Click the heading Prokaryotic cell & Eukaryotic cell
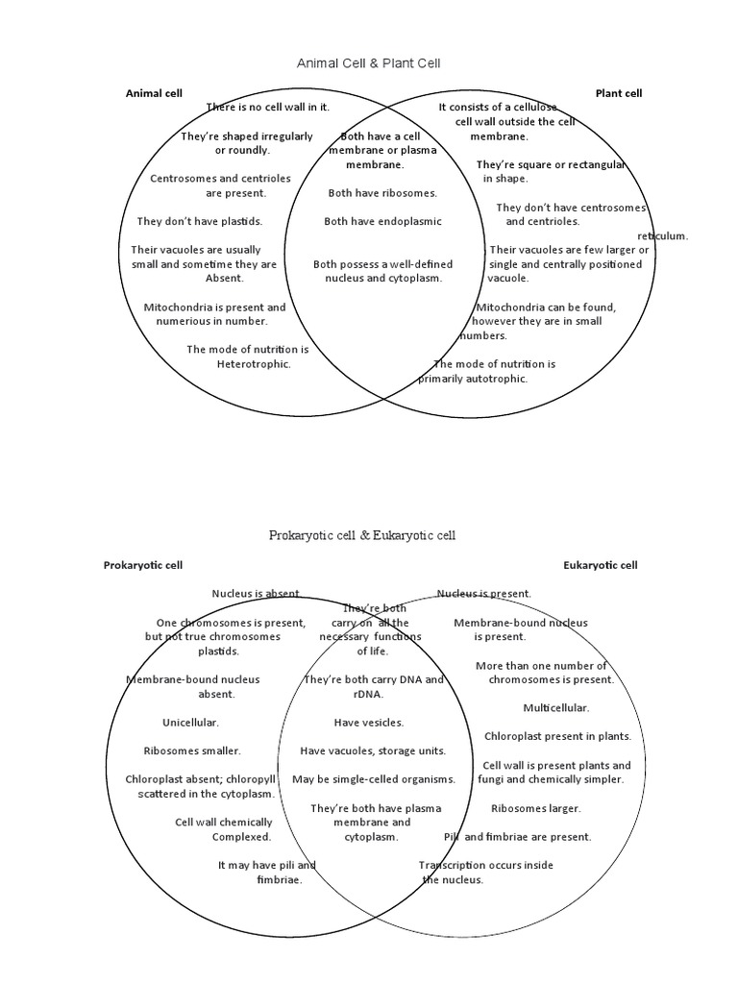pyautogui.click(x=362, y=535)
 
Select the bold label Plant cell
pyautogui.click(x=619, y=93)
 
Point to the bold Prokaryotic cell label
pyautogui.click(x=143, y=565)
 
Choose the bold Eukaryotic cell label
pyautogui.click(x=600, y=565)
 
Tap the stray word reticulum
pyautogui.click(x=663, y=235)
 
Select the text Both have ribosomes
pyautogui.click(x=382, y=193)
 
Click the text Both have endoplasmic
pyautogui.click(x=382, y=221)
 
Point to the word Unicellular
pyautogui.click(x=190, y=722)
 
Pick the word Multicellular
pyautogui.click(x=555, y=707)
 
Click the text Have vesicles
pyautogui.click(x=369, y=722)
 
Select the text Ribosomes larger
pyautogui.click(x=536, y=808)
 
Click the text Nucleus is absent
pyautogui.click(x=257, y=594)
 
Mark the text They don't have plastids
pyautogui.click(x=200, y=221)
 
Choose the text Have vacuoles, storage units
pyautogui.click(x=373, y=750)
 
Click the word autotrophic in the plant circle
pyautogui.click(x=497, y=379)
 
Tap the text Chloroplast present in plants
pyautogui.click(x=557, y=736)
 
